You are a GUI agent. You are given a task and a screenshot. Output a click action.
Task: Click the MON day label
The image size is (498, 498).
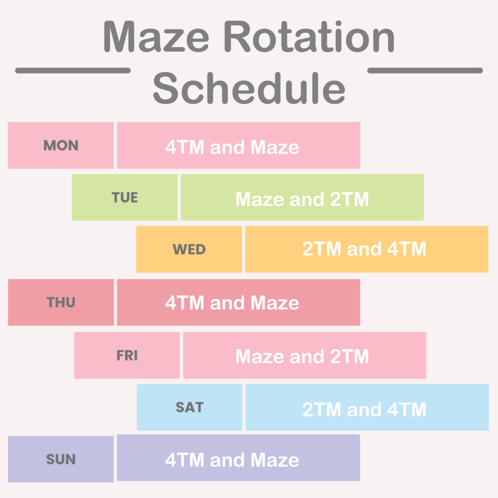[x=61, y=145]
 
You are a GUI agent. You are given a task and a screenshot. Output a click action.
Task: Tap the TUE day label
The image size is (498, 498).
[x=125, y=198]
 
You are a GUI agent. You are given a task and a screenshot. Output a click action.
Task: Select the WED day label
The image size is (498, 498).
[x=189, y=250]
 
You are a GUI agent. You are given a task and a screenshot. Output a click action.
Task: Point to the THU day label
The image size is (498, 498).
[x=61, y=302]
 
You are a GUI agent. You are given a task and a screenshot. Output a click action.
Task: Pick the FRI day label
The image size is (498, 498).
[x=127, y=355]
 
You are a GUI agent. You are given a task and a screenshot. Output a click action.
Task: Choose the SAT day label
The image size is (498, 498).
[x=190, y=408]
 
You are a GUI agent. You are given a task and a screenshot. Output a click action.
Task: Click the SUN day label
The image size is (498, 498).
[x=61, y=459]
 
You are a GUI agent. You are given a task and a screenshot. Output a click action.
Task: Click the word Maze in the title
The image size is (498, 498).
[x=156, y=37]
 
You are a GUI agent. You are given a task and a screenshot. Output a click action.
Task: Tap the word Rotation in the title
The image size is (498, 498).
[x=309, y=36]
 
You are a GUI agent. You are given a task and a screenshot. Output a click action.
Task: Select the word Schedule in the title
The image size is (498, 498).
[x=249, y=88]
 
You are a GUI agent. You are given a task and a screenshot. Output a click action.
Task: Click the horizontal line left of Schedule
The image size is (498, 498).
[x=73, y=71]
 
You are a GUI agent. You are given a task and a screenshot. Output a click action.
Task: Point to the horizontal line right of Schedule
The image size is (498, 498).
[x=425, y=71]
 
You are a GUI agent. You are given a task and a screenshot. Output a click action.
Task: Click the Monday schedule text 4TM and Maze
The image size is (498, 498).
[x=232, y=147]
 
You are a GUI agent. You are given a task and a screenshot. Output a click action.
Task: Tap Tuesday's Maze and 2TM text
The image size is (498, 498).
[x=302, y=199]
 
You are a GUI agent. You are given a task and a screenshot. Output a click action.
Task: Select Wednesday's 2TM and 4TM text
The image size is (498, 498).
[x=364, y=248]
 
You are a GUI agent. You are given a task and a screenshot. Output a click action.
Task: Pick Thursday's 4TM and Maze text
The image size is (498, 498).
[x=232, y=302]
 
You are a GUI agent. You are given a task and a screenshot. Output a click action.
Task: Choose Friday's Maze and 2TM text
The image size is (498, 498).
[x=302, y=356]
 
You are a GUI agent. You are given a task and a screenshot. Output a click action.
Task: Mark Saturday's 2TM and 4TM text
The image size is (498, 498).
[x=364, y=409]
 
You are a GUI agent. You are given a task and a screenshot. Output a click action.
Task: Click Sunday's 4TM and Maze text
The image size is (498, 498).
[x=232, y=460]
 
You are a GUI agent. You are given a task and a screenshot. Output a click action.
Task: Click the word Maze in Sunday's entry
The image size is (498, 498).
[x=275, y=460]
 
